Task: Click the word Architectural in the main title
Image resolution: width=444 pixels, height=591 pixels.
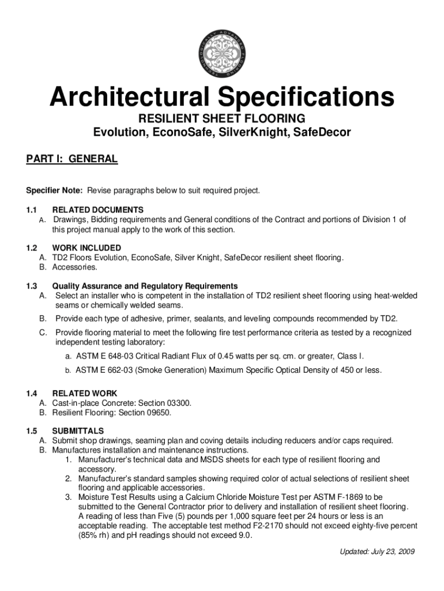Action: [x=127, y=98]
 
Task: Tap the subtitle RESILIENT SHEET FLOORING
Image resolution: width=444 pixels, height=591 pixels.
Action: [x=222, y=119]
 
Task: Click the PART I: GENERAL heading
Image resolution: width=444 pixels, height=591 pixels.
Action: [x=72, y=159]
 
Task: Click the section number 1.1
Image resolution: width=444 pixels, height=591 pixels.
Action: [x=32, y=210]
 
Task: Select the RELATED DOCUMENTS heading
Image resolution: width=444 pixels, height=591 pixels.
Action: [x=98, y=210]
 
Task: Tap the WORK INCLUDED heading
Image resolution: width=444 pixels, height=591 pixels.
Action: [x=86, y=248]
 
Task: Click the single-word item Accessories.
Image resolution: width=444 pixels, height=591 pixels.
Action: [x=75, y=267]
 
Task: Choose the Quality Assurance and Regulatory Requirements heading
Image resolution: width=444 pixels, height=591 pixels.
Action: [x=145, y=286]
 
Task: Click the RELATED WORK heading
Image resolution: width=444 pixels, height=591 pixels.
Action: [x=85, y=394]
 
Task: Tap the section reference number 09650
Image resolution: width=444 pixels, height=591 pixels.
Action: [x=159, y=413]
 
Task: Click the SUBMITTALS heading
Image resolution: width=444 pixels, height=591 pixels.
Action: [x=78, y=431]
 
